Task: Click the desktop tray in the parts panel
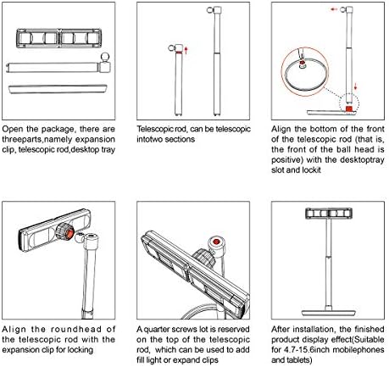58,89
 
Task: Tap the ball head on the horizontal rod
105,58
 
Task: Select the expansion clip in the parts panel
58,38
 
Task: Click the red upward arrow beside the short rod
186,51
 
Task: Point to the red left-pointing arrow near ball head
334,9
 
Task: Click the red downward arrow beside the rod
355,86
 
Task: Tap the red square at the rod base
349,108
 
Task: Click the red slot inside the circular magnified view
302,62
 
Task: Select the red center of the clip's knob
69,234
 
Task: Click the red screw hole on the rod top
216,242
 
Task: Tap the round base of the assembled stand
328,313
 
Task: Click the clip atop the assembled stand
329,214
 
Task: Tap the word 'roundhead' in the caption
76,330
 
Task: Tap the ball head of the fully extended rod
210,10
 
